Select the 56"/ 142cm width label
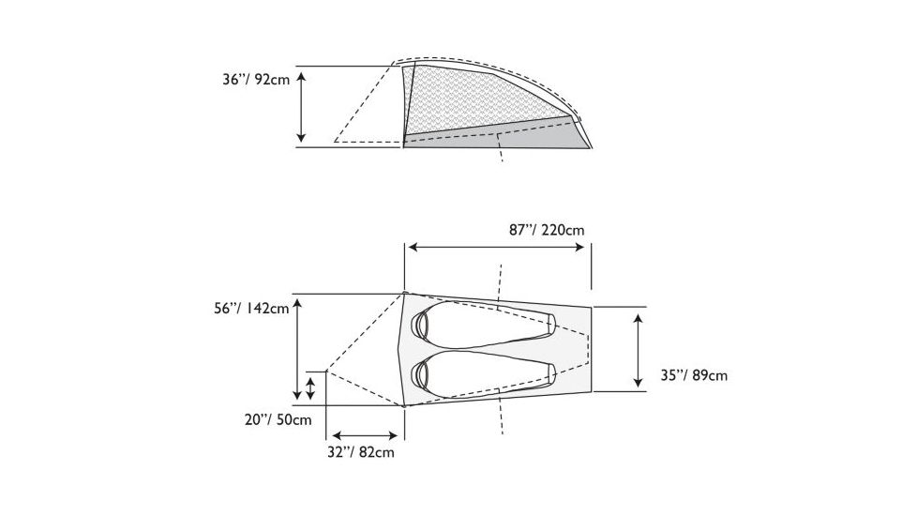250,309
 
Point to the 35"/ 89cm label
693,375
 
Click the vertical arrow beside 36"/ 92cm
301,106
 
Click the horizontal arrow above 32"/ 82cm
365,434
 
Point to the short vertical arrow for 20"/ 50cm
310,388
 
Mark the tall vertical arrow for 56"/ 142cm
296,348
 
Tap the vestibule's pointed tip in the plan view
325,371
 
